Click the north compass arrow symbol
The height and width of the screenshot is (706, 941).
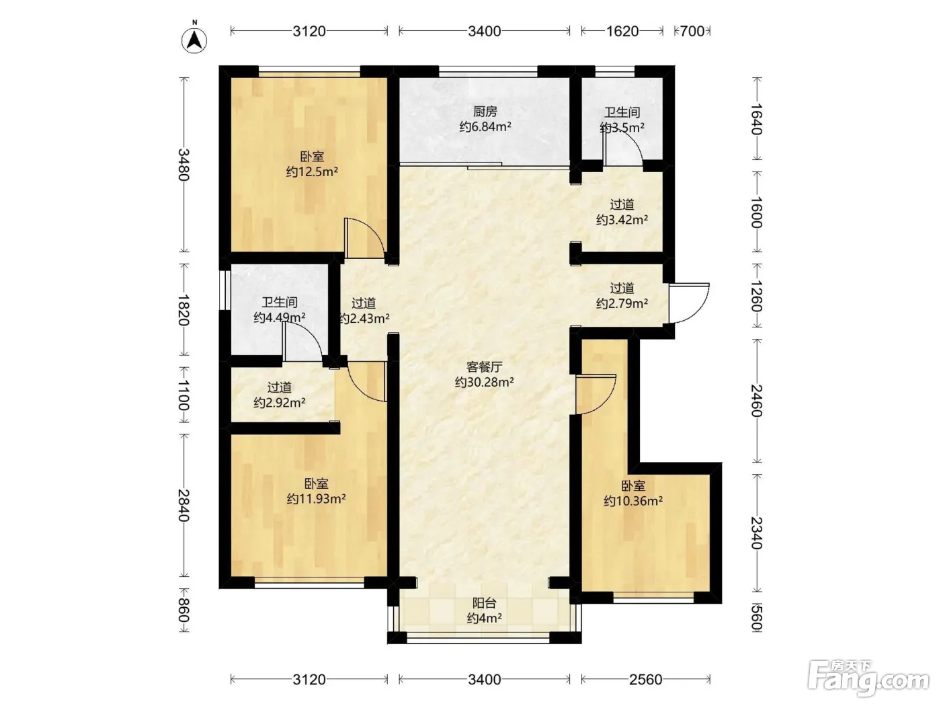pyautogui.click(x=194, y=40)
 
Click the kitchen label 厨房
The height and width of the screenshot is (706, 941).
pyautogui.click(x=485, y=112)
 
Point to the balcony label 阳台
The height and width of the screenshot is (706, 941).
pyautogui.click(x=485, y=603)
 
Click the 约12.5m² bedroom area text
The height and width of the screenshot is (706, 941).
pyautogui.click(x=312, y=172)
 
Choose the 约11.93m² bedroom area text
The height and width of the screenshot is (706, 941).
pyautogui.click(x=317, y=499)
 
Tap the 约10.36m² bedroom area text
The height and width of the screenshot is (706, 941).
pyautogui.click(x=633, y=501)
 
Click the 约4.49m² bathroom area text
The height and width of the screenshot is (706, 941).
pyautogui.click(x=280, y=317)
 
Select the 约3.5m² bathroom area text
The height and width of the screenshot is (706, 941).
pyautogui.click(x=622, y=127)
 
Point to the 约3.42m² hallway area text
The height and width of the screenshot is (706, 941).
pyautogui.click(x=622, y=220)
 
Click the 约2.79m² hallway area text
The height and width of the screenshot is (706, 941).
pyautogui.click(x=622, y=303)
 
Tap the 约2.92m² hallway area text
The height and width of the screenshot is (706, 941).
pyautogui.click(x=280, y=403)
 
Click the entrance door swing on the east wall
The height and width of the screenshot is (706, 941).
pyautogui.click(x=690, y=303)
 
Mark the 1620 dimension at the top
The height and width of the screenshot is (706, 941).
pyautogui.click(x=622, y=32)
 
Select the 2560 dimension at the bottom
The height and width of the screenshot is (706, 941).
pyautogui.click(x=646, y=679)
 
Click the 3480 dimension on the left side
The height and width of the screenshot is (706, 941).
pyautogui.click(x=184, y=165)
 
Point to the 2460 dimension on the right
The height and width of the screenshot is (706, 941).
pyautogui.click(x=757, y=401)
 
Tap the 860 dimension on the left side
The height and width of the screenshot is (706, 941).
pyautogui.click(x=184, y=611)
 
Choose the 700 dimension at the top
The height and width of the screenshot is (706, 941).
pyautogui.click(x=692, y=32)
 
